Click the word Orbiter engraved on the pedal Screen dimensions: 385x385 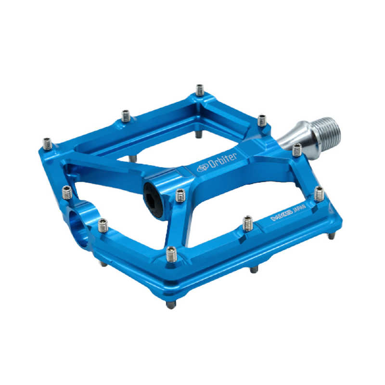click(x=222, y=161)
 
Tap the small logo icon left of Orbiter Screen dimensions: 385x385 click(x=203, y=168)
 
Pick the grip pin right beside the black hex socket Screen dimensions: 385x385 click(x=180, y=195)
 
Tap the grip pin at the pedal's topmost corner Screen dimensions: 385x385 click(x=200, y=90)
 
